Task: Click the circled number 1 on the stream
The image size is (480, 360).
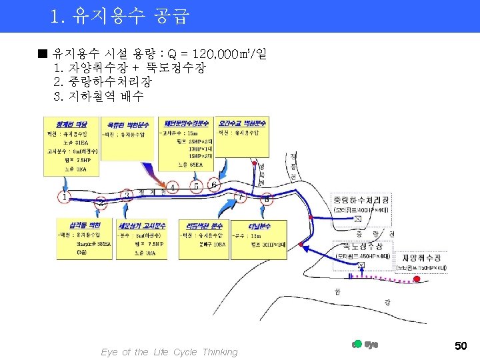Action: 64,197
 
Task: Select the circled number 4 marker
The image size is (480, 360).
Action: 173,187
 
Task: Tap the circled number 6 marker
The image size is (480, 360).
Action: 214,184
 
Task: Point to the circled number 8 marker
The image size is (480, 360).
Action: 267,199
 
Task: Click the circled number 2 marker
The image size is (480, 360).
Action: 101,201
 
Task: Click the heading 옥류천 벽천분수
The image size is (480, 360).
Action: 128,124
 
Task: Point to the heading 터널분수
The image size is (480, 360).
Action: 262,225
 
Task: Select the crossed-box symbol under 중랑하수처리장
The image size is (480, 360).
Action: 359,219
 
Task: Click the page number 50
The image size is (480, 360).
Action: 460,345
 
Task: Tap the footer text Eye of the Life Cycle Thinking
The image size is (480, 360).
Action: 169,352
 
